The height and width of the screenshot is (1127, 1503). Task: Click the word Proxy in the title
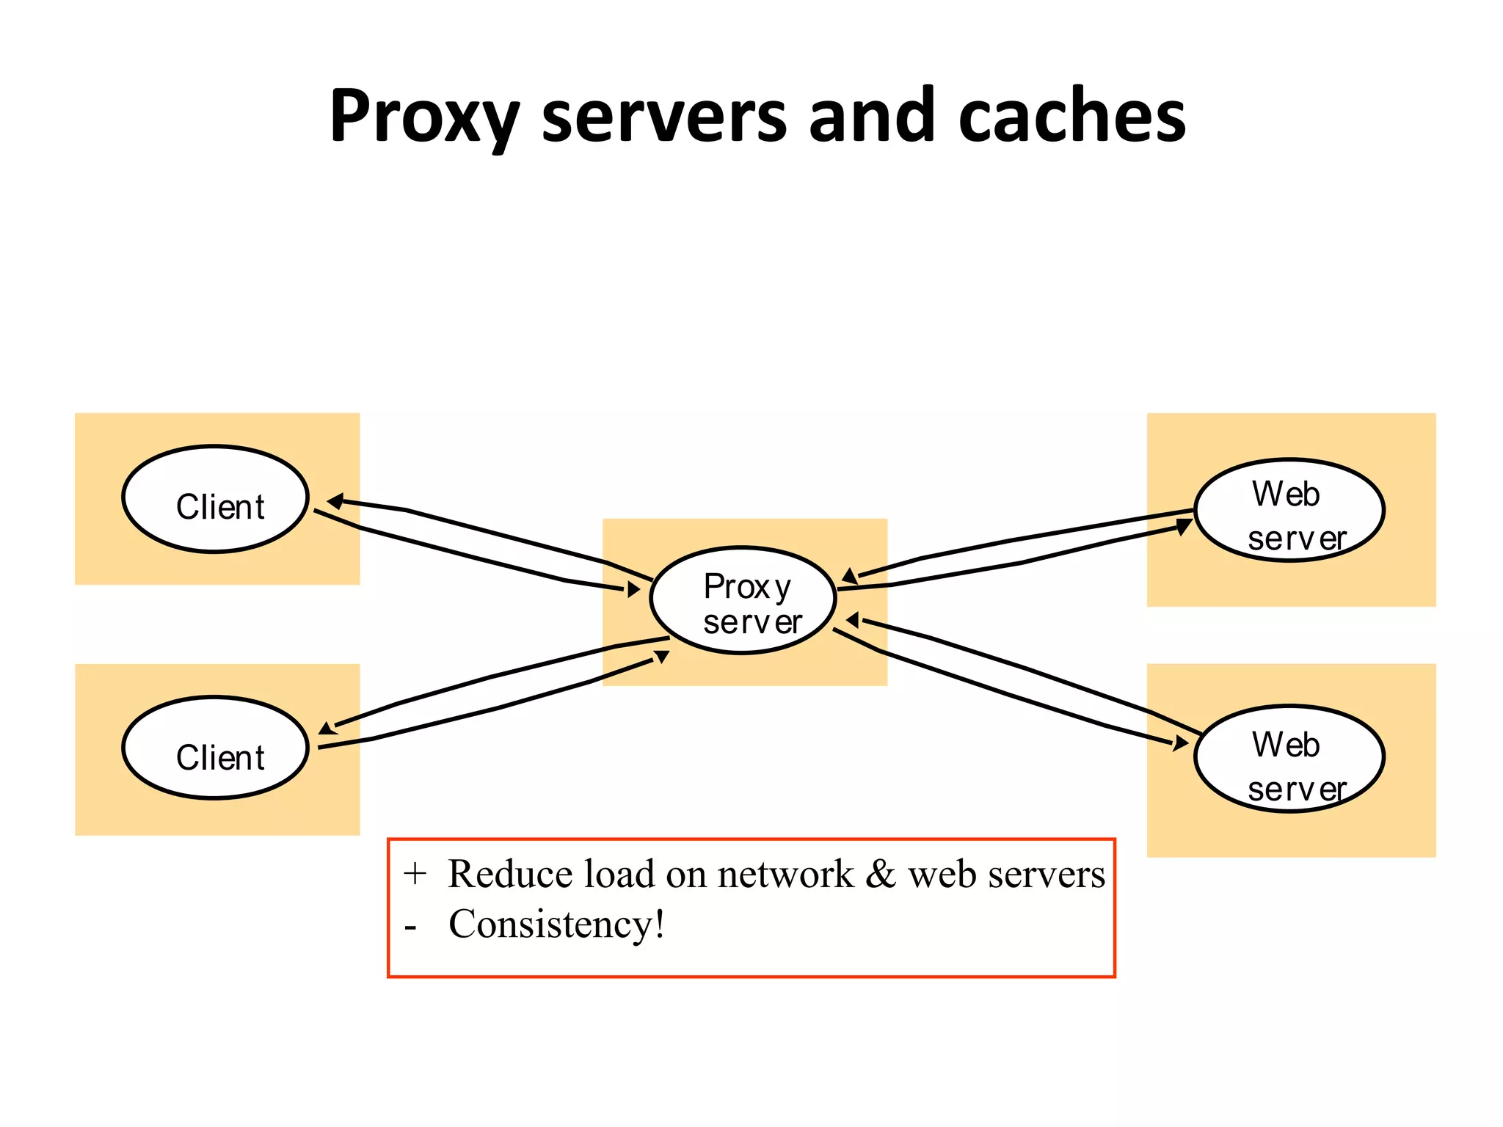[x=423, y=117]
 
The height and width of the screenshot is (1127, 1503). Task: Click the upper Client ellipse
[x=215, y=499]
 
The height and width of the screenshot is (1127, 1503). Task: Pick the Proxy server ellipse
[x=743, y=600]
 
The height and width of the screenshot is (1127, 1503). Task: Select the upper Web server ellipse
[x=1289, y=511]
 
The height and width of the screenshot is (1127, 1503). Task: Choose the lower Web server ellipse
[x=1289, y=759]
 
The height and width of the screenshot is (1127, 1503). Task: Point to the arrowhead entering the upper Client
[x=335, y=502]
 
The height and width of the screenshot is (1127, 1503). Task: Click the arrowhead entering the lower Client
[x=327, y=728]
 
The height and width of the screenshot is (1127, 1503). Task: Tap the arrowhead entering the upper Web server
[x=1183, y=526]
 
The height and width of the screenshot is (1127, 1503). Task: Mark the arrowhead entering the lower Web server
[x=1179, y=743]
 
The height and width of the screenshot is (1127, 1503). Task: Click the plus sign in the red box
[x=415, y=874]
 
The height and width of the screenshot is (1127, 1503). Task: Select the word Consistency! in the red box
[x=556, y=924]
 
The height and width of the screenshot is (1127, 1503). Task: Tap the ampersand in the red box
[x=880, y=874]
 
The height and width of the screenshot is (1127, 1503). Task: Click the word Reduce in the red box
[x=509, y=874]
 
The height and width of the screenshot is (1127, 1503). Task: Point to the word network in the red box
[x=785, y=874]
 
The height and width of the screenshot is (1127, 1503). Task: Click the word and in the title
[x=872, y=117]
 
